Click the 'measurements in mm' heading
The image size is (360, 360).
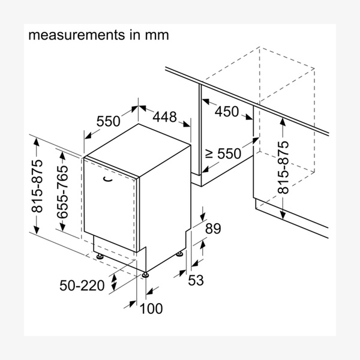[98, 35]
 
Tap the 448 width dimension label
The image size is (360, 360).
[164, 116]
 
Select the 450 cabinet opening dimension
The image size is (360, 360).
[227, 112]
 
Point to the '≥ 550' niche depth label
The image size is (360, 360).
[223, 154]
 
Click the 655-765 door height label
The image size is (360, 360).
[62, 192]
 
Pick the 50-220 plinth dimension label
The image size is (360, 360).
[82, 286]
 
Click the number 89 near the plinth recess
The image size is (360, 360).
[213, 229]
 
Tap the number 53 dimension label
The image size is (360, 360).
[196, 280]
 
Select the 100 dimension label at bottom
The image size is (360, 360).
[151, 308]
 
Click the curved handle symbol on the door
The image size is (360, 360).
[107, 179]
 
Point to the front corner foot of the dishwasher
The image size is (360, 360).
[145, 275]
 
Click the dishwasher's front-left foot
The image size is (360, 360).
[100, 256]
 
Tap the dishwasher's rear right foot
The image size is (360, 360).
[179, 254]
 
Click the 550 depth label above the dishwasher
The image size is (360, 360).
[108, 121]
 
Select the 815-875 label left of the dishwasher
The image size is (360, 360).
[37, 186]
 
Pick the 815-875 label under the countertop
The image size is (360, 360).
[283, 167]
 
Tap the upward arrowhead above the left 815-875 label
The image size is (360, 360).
[36, 143]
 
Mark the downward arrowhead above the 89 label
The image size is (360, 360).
[203, 217]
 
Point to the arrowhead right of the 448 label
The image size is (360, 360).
[187, 124]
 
